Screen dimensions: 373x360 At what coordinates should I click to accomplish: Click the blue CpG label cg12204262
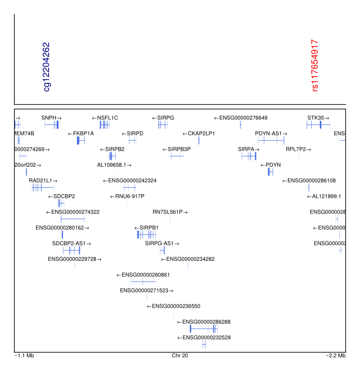point(46,67)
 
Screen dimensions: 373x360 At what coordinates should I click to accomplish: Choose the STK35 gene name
point(315,118)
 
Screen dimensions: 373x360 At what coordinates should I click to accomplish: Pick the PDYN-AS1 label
point(271,133)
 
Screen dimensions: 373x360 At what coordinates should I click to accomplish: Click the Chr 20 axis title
point(180,356)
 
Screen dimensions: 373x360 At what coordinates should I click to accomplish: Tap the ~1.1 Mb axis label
point(24,356)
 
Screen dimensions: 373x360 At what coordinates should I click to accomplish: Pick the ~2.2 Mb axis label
point(336,356)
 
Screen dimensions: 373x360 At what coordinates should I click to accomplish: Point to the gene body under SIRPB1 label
point(147,235)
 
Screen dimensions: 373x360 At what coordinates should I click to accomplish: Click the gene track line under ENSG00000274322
point(72,219)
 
